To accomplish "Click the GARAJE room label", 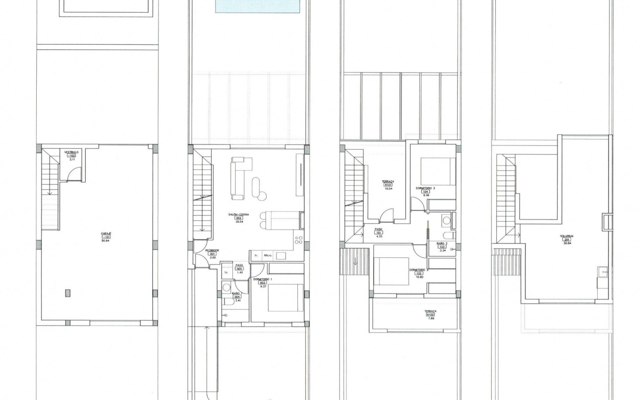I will pyautogui.click(x=106, y=233).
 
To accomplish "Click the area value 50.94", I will pyautogui.click(x=106, y=240).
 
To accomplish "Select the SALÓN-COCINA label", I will pyautogui.click(x=238, y=215).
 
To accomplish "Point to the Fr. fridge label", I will pyautogui.click(x=256, y=256).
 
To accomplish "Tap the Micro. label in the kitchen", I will pyautogui.click(x=268, y=256).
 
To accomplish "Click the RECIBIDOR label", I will pyautogui.click(x=213, y=250).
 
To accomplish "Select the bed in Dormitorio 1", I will pyautogui.click(x=286, y=297).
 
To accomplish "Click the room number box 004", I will pyautogui.click(x=237, y=296).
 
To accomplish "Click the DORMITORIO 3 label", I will pyautogui.click(x=426, y=188).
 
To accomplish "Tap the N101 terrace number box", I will pyautogui.click(x=388, y=185).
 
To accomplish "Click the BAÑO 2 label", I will pyautogui.click(x=442, y=243).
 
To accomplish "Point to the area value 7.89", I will pyautogui.click(x=430, y=319).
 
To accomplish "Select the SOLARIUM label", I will pyautogui.click(x=567, y=236).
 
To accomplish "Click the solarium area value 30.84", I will pyautogui.click(x=567, y=243).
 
